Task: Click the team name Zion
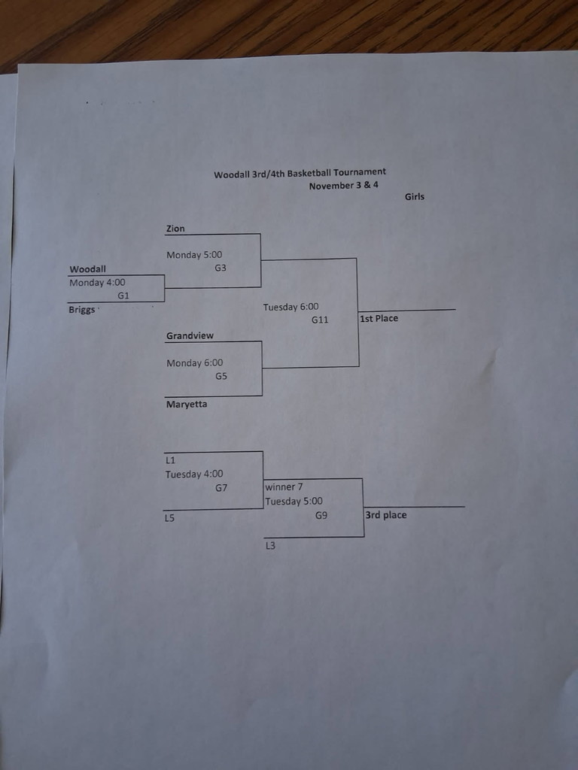point(175,229)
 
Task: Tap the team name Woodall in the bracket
point(87,268)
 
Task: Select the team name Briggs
point(82,309)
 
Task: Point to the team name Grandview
point(190,335)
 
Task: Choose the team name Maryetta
point(187,404)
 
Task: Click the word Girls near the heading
point(415,196)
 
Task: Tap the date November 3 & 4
point(343,185)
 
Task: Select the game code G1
point(123,296)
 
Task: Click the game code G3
point(221,268)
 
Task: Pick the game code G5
point(221,376)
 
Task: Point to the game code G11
point(321,320)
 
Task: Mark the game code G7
point(221,487)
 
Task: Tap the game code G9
point(321,515)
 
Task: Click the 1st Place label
point(379,318)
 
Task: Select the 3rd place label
point(386,515)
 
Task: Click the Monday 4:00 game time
point(97,283)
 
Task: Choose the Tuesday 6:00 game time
point(291,307)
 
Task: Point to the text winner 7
point(284,487)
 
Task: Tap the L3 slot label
point(270,546)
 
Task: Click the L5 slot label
point(169,518)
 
